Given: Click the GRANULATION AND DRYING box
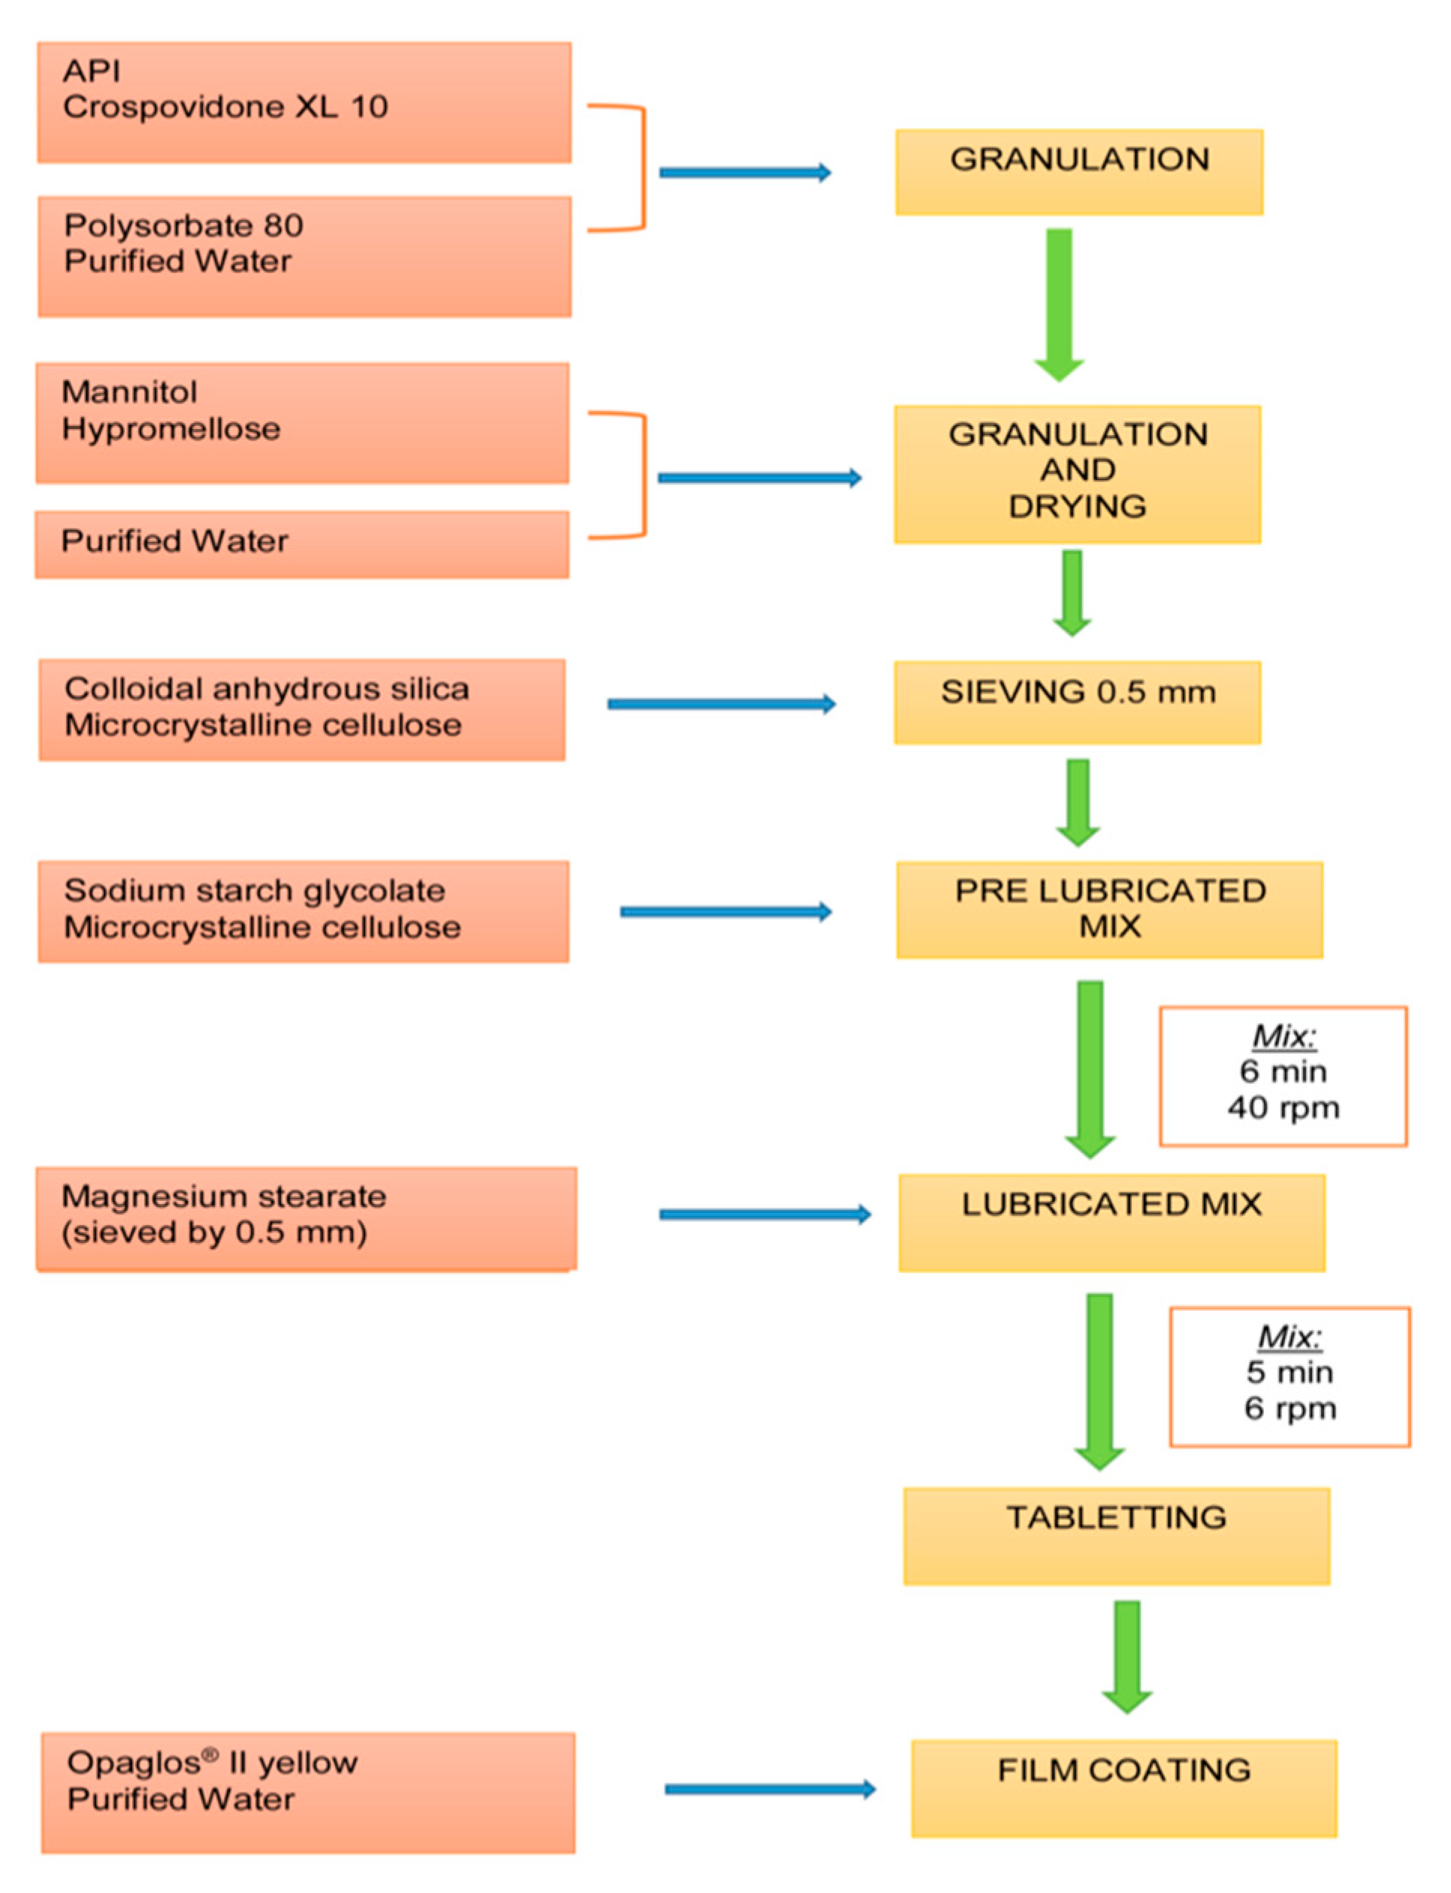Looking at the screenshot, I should pyautogui.click(x=1077, y=473).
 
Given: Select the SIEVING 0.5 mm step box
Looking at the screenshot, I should pyautogui.click(x=1077, y=702).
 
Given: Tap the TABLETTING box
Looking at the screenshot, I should pyautogui.click(x=1116, y=1535).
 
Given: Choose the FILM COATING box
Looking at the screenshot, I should pyautogui.click(x=1124, y=1788).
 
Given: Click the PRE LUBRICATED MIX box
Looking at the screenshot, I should pyautogui.click(x=1109, y=909).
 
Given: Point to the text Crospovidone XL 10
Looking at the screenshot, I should pyautogui.click(x=225, y=107).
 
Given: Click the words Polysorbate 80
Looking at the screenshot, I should pyautogui.click(x=183, y=225).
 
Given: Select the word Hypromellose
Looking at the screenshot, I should pyautogui.click(x=171, y=428).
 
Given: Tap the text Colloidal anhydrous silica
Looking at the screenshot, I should pyautogui.click(x=266, y=688).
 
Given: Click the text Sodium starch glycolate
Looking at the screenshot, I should pyautogui.click(x=254, y=890).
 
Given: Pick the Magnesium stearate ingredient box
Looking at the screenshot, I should pyautogui.click(x=306, y=1217).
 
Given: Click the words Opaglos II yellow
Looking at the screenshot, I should pyautogui.click(x=212, y=1761).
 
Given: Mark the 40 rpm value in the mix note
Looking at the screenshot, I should pyautogui.click(x=1283, y=1108).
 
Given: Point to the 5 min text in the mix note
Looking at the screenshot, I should pyautogui.click(x=1289, y=1372).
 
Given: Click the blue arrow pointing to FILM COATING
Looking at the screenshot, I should pyautogui.click(x=770, y=1789).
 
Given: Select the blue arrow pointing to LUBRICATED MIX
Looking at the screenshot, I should pyautogui.click(x=765, y=1214).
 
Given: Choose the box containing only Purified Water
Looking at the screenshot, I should pyautogui.click(x=301, y=543).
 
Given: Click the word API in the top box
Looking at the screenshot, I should pyautogui.click(x=91, y=71).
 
